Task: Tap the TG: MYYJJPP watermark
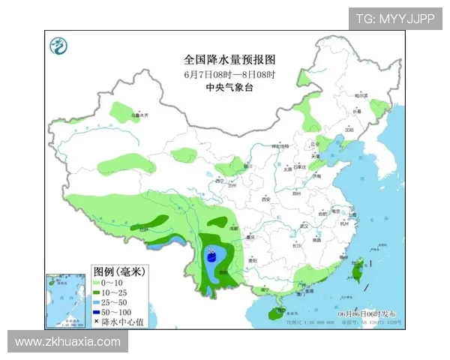click(394, 19)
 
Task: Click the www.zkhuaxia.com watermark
click(67, 342)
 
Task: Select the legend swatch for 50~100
click(97, 311)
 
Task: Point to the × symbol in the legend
click(97, 321)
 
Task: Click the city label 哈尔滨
click(361, 96)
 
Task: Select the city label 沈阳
click(348, 128)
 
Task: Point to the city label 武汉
click(304, 225)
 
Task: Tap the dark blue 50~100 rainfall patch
click(212, 256)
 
